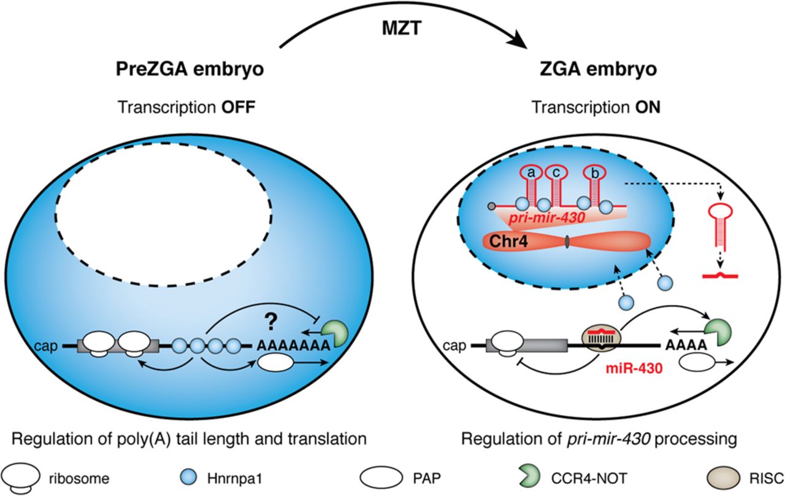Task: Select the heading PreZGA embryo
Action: (190, 69)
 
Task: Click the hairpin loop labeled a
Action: (531, 174)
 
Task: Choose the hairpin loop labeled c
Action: (554, 174)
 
